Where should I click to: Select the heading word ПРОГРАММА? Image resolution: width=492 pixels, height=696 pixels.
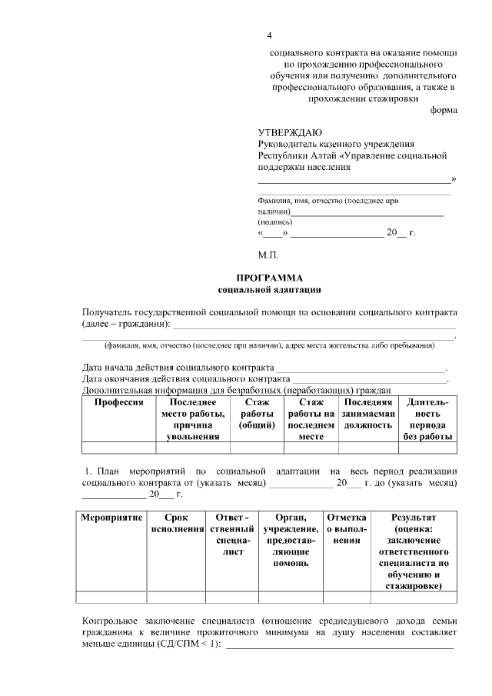point(268,278)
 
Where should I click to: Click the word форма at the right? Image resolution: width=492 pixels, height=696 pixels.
point(444,110)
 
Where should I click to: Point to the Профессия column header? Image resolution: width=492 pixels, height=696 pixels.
point(119,402)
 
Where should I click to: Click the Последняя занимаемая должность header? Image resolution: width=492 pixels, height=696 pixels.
point(368,414)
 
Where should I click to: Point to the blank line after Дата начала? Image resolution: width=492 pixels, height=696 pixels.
point(361,366)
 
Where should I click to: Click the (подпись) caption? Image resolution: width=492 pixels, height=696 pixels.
point(275,221)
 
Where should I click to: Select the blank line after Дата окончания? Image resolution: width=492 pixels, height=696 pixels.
point(369,378)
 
